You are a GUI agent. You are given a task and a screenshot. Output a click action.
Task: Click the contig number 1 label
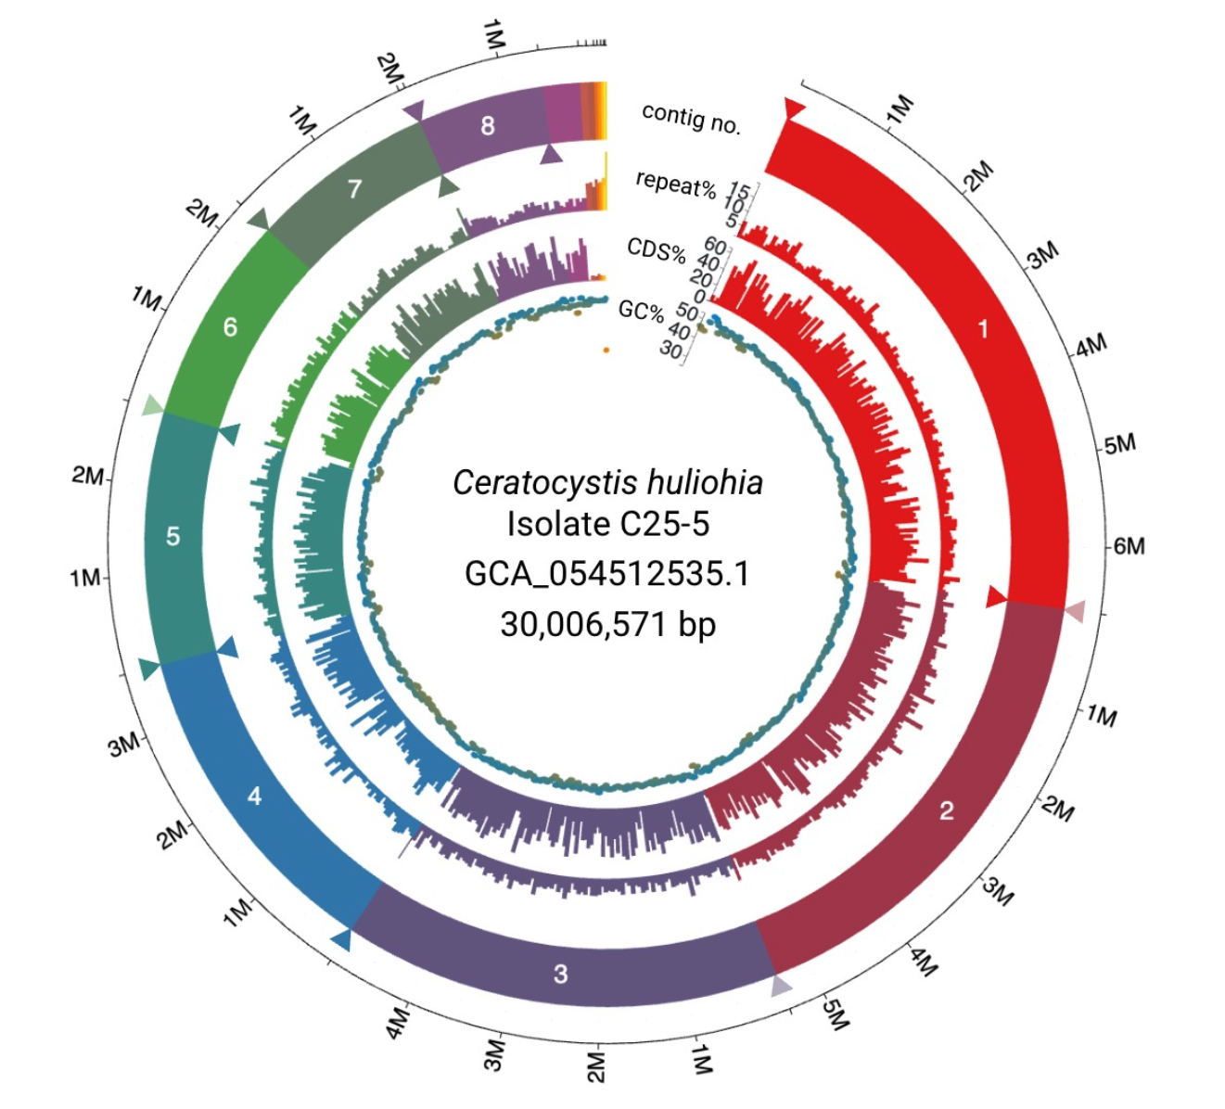[x=983, y=328]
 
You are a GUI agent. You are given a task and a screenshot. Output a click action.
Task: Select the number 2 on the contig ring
[x=946, y=811]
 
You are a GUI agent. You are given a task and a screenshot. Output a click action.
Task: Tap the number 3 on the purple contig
[x=560, y=974]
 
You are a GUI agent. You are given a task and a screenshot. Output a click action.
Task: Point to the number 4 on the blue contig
[x=254, y=796]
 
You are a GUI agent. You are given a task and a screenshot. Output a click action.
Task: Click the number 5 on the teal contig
[x=172, y=536]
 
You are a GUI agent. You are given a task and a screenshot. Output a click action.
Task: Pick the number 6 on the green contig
[x=230, y=326]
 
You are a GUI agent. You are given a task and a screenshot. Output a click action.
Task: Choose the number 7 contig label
[x=353, y=189]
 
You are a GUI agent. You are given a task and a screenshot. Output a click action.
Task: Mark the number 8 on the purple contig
[x=488, y=125]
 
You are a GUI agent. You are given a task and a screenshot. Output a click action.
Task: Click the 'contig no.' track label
[x=692, y=119]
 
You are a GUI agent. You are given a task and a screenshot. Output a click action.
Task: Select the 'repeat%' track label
[x=676, y=183]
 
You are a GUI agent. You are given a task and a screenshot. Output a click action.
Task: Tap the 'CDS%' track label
[x=656, y=249]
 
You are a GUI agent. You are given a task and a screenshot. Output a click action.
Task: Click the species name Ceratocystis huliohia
[x=607, y=482]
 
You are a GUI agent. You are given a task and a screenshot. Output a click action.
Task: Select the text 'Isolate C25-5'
[x=607, y=524]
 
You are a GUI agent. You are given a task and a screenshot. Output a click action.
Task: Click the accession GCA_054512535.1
[x=607, y=574]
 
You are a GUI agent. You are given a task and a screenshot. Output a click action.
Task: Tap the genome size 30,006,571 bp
[x=607, y=624]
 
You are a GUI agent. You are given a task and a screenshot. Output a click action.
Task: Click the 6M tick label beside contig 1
[x=1129, y=546]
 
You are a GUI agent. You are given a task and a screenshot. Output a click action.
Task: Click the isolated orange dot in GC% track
[x=606, y=351]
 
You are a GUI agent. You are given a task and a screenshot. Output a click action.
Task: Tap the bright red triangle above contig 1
[x=794, y=108]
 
